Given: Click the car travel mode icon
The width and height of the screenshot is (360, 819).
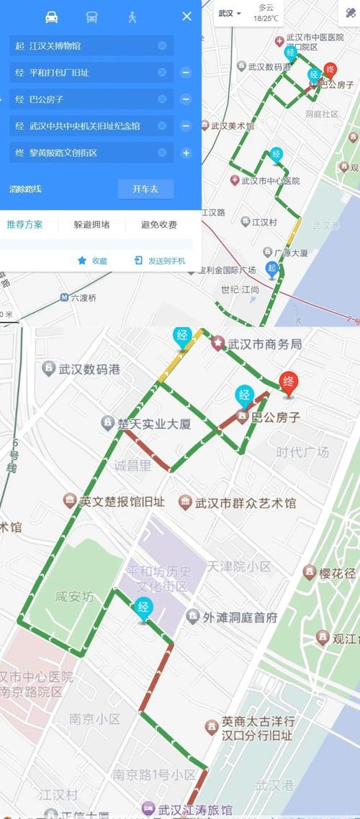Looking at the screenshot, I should coord(51,17).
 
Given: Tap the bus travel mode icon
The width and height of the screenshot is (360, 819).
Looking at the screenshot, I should coord(92,17).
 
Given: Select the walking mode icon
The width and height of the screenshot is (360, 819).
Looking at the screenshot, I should coord(132,17).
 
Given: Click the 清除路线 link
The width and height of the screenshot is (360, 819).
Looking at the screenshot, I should coord(26,189).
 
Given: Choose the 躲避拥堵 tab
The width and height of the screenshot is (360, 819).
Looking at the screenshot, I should coord(92,224).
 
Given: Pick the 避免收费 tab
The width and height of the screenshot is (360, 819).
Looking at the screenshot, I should coord(159,224).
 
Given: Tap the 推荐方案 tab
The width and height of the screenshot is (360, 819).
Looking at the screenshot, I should coord(25,224).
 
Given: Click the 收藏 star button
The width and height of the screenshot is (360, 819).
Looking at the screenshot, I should coord(92,261).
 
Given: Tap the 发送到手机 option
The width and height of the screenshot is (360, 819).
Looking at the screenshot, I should coord(160,261).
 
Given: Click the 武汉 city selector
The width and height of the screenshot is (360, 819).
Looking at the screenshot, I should coord(230,13).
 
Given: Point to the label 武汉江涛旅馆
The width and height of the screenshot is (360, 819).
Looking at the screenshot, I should coord(189,809).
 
